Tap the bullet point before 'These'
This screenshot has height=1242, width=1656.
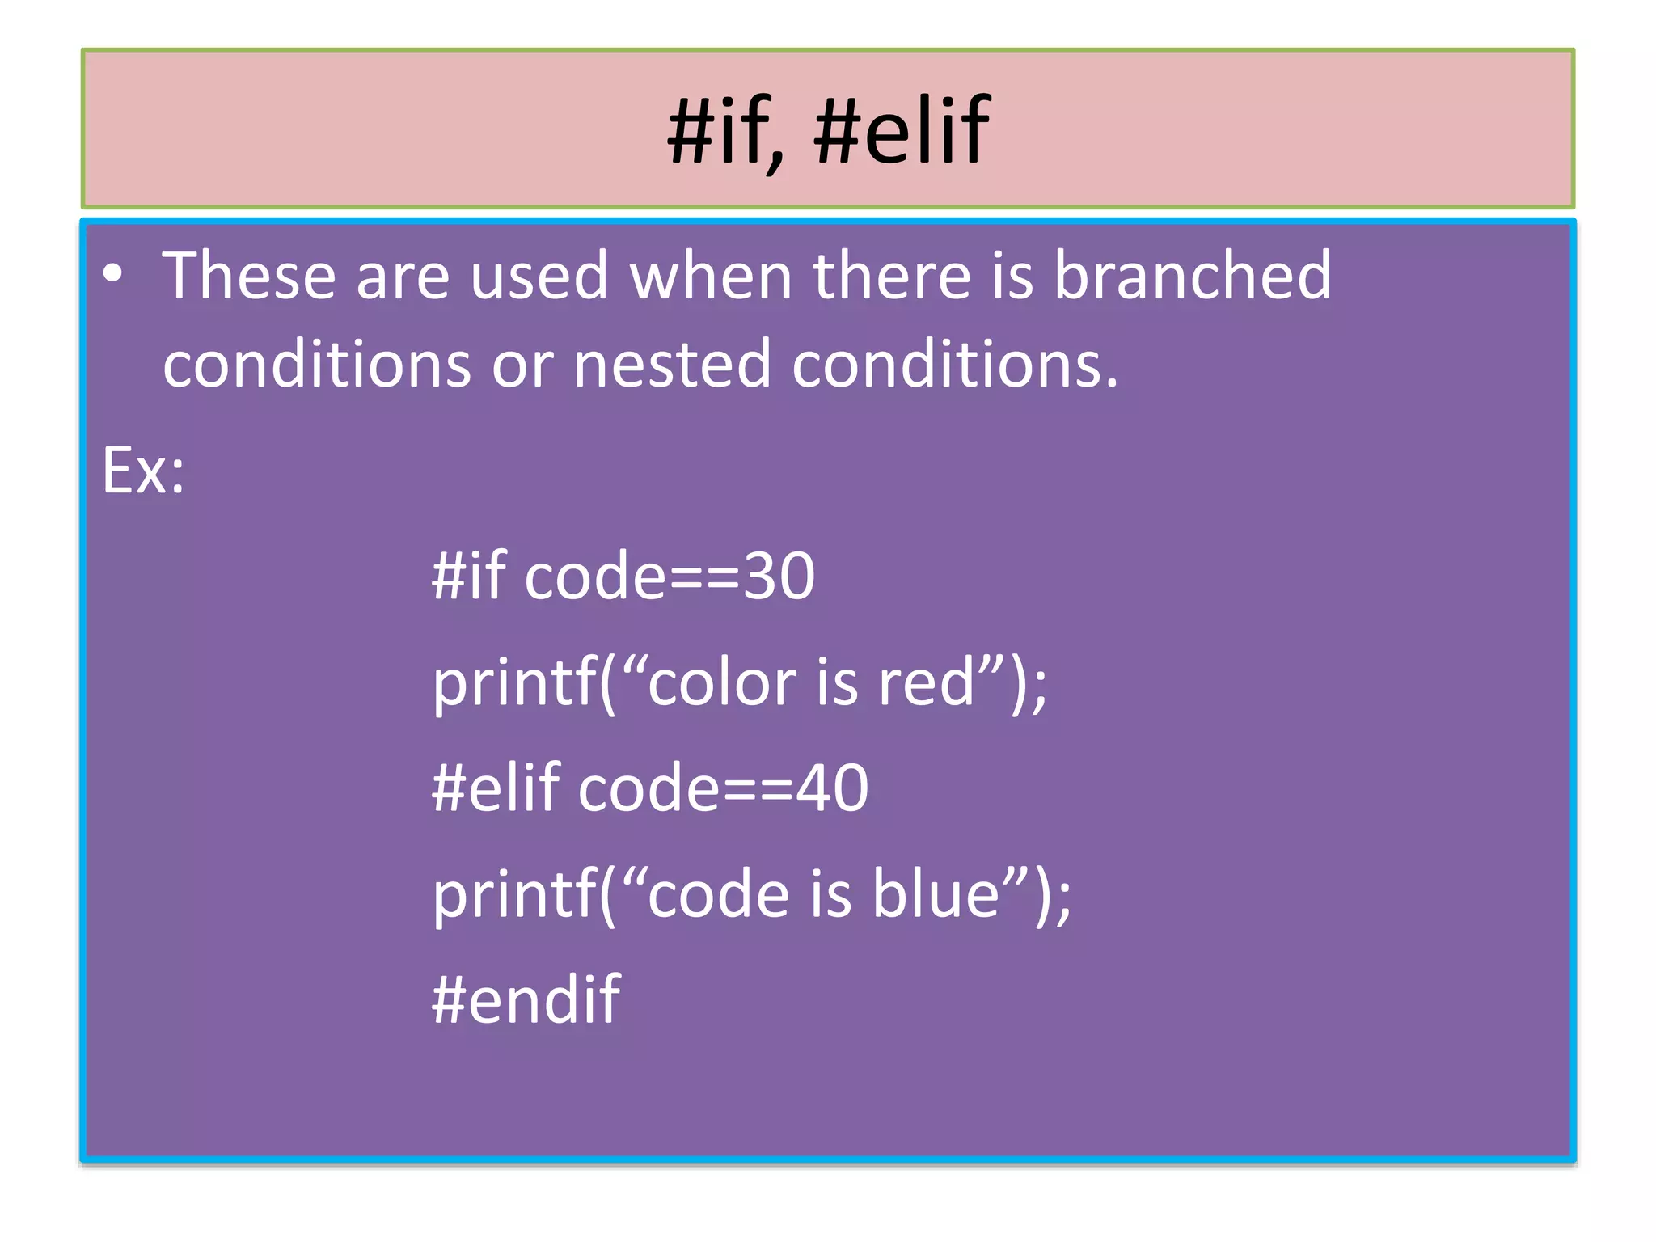pos(113,274)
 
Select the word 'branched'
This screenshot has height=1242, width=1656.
pos(1192,276)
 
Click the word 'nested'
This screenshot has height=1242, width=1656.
pos(672,365)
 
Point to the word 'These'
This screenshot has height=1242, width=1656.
pos(249,276)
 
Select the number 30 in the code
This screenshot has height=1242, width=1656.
pos(779,577)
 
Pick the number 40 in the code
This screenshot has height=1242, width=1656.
pos(832,788)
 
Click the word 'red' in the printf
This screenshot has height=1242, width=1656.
pos(927,683)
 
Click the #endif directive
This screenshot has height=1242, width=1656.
pos(526,1000)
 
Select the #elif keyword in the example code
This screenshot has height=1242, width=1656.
pos(496,788)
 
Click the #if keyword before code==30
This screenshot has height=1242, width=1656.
pos(469,577)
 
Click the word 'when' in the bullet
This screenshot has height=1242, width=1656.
pos(711,276)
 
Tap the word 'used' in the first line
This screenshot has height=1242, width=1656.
pos(539,276)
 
